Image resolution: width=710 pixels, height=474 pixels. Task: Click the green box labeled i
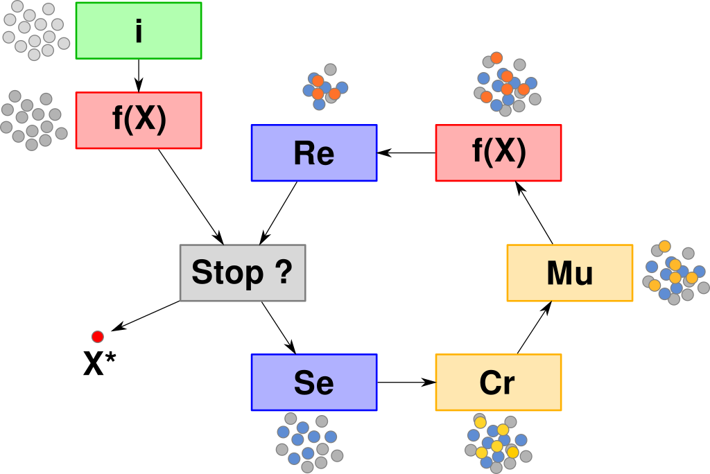point(139,30)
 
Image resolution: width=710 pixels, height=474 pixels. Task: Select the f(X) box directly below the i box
point(139,121)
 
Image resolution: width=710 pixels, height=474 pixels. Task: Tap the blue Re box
point(314,153)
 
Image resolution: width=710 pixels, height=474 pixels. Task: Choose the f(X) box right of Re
point(499,153)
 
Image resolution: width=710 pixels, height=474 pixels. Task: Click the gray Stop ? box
point(243,273)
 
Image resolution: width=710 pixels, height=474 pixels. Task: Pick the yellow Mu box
point(570,273)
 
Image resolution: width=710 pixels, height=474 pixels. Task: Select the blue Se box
point(314,383)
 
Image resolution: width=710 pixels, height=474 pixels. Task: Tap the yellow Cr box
point(499,383)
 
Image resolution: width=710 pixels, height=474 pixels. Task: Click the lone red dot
point(98,337)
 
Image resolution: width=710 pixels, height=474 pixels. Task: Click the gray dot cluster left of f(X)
point(32,121)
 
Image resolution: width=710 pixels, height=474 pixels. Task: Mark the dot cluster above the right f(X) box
point(506,84)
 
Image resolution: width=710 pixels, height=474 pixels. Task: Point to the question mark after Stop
point(283,273)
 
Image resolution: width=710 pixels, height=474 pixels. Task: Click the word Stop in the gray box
point(227,273)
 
